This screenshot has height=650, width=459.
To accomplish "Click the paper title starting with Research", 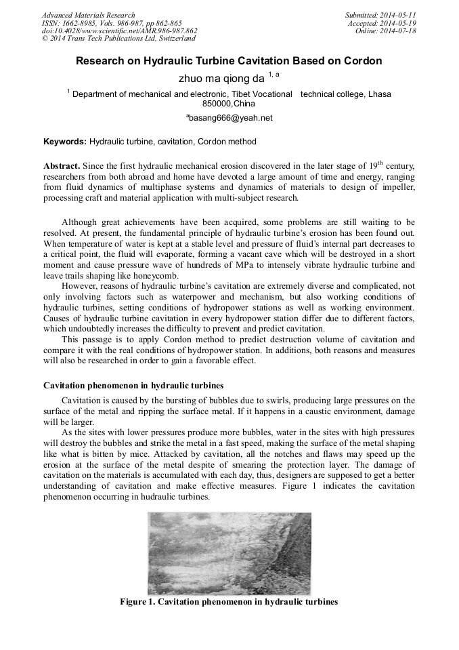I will [x=229, y=61].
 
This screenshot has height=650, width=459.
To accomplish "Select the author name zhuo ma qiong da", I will [x=221, y=79].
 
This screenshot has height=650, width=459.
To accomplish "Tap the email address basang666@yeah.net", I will [x=230, y=117].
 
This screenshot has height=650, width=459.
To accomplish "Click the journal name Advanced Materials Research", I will [x=88, y=15].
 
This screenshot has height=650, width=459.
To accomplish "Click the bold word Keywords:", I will [x=65, y=142].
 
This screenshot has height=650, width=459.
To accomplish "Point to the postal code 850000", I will [x=217, y=104].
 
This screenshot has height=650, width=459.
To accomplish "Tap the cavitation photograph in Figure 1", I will [x=229, y=553].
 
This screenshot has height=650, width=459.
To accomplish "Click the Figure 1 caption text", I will [x=229, y=602].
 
